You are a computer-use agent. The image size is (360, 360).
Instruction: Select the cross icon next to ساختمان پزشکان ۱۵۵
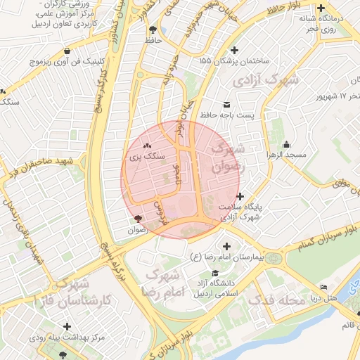click(235, 50)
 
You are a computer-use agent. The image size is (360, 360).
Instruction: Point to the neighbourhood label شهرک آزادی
click(267, 77)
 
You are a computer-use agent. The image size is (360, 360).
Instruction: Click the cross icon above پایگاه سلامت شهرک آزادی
click(240, 196)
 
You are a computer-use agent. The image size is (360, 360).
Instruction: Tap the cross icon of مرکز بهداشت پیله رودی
click(67, 326)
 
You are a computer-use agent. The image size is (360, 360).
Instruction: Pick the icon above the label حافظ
click(153, 30)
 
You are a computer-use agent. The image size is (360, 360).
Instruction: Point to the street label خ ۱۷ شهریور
click(332, 95)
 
